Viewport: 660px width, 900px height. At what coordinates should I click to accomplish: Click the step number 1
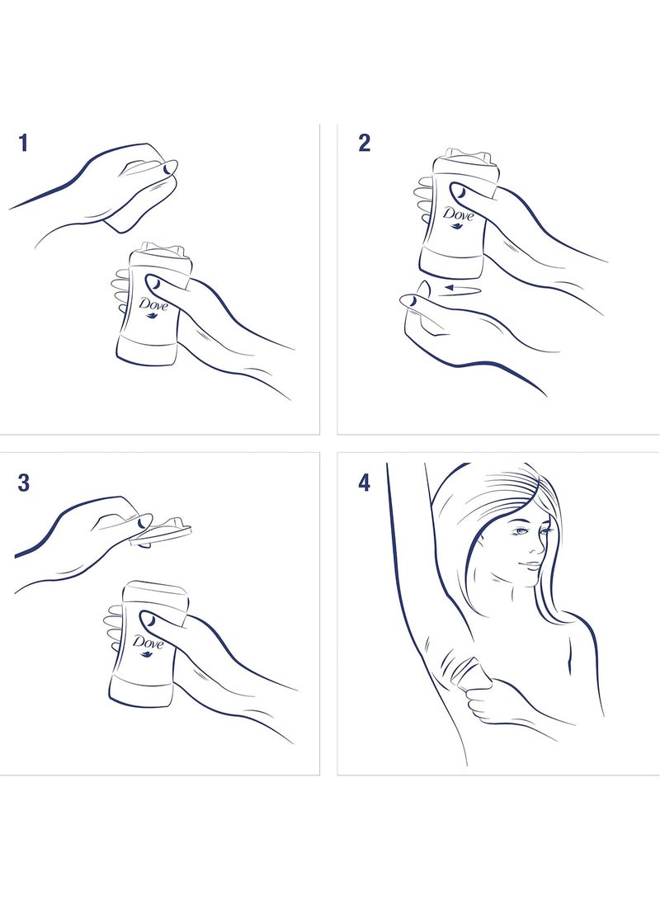tap(23, 143)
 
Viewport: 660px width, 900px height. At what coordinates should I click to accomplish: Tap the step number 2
tap(365, 143)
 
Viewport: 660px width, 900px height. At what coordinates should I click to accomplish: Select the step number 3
tap(24, 483)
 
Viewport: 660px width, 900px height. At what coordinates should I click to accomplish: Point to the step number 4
tap(365, 483)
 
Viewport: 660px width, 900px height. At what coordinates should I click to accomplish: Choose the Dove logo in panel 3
tap(148, 644)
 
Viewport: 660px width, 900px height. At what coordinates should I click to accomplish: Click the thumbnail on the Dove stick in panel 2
tap(458, 190)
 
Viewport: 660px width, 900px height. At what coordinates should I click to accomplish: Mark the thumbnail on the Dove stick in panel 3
tap(148, 620)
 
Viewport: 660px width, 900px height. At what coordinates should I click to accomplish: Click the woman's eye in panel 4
tap(521, 531)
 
